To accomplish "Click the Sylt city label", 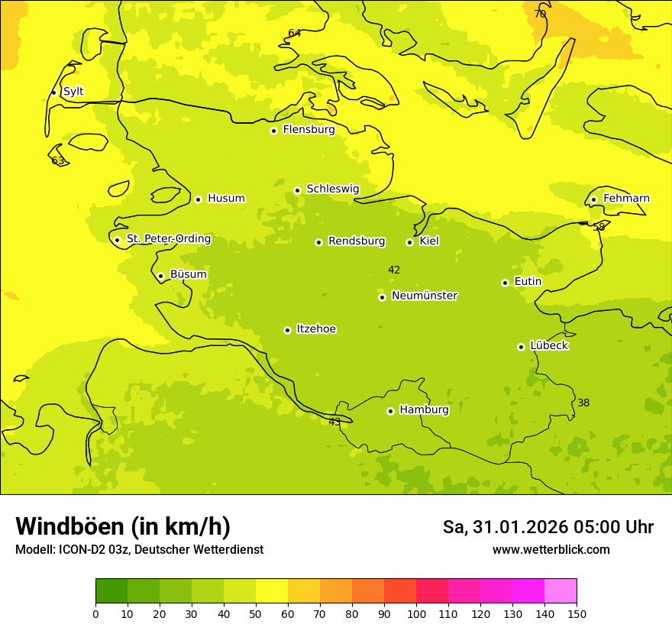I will point(73,92).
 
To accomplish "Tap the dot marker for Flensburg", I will point(273,131).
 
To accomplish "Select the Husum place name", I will point(226,199).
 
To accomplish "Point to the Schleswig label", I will point(332,189).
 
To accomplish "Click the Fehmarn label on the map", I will point(626,199).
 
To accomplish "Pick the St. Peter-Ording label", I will point(168,239).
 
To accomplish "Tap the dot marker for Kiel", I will point(409,242).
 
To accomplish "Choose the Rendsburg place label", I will point(357,241).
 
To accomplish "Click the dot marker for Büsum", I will point(160,276).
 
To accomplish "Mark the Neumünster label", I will point(425,296).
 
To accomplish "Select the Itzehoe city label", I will point(316,329).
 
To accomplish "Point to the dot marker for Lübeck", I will point(521,347).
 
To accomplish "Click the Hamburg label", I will point(424,410).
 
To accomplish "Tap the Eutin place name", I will point(528,282).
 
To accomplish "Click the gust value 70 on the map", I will point(540,14).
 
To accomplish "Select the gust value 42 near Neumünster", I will point(394,270).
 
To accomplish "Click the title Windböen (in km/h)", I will point(123,526).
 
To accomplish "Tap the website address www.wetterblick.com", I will point(551,550).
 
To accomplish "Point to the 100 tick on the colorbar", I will point(416,613).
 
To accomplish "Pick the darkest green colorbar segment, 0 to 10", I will point(111,591).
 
